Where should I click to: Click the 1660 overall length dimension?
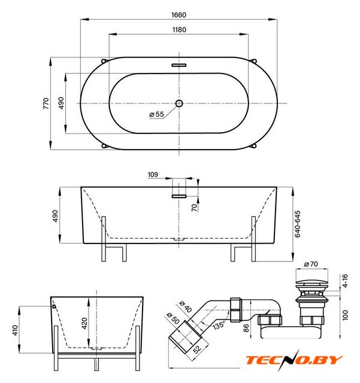pyautogui.click(x=179, y=15)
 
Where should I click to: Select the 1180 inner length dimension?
pyautogui.click(x=179, y=30)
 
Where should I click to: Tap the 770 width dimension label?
pyautogui.click(x=46, y=104)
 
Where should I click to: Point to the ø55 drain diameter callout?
pyautogui.click(x=156, y=114)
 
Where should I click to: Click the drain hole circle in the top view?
pyautogui.click(x=179, y=104)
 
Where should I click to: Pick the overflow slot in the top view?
pyautogui.click(x=179, y=65)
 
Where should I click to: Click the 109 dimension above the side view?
pyautogui.click(x=153, y=175)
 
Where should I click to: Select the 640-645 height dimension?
pyautogui.click(x=298, y=224)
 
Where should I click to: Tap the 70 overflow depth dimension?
pyautogui.click(x=194, y=208)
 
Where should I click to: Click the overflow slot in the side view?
pyautogui.click(x=179, y=196)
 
